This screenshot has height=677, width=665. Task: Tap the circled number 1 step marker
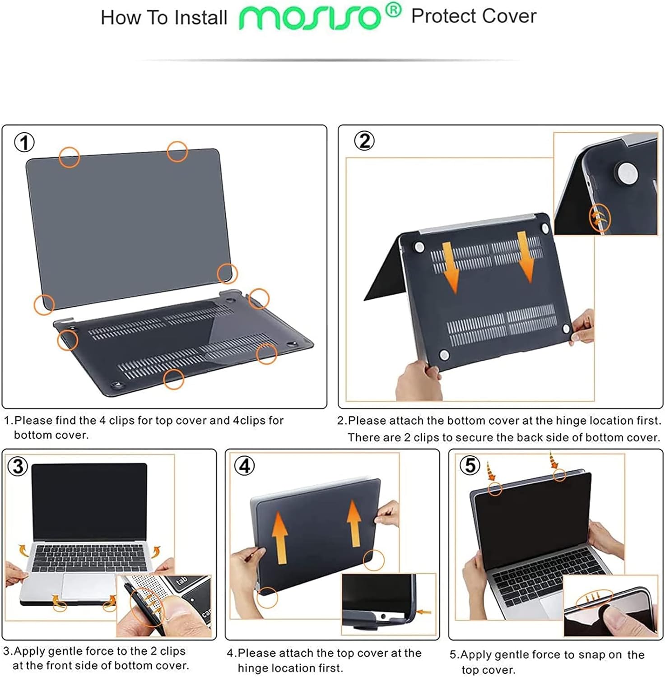coord(24,143)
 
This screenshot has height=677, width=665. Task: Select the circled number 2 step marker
coord(364,141)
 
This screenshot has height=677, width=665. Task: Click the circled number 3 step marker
coord(18,466)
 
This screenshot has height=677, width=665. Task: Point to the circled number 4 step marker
coord(244,465)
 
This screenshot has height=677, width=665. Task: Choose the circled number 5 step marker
coord(470,465)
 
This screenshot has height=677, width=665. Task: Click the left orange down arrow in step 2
coord(450,266)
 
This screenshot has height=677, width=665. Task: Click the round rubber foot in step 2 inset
coord(628,173)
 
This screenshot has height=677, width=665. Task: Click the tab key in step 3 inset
coord(181,581)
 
